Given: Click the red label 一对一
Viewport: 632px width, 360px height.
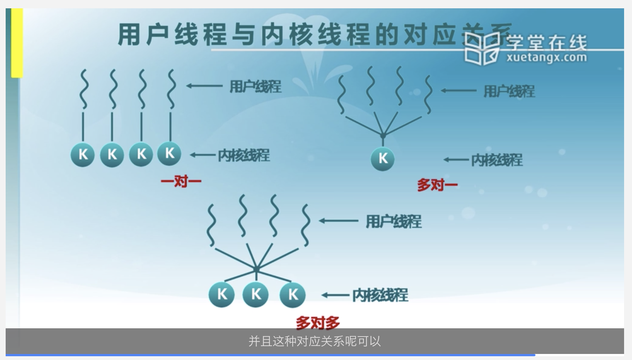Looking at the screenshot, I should point(181,182).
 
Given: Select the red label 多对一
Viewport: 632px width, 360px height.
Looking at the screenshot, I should point(437,185).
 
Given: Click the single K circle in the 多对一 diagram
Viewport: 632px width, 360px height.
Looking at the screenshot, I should point(383,159).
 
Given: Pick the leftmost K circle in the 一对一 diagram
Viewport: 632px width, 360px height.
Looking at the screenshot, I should point(83,154).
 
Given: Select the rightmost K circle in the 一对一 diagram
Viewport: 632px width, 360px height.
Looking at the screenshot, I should point(169,153).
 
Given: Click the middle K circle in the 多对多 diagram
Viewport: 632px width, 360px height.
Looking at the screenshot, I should point(256,294).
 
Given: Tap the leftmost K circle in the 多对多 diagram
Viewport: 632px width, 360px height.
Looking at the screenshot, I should point(222,294).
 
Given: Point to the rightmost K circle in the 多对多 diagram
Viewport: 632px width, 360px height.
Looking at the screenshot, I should point(293,294).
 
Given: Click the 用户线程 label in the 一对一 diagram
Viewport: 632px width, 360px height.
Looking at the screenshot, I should point(255,86).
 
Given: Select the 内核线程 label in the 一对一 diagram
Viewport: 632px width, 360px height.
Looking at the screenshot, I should point(244,155).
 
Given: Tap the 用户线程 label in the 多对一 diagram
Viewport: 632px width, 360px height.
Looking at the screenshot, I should point(509,91).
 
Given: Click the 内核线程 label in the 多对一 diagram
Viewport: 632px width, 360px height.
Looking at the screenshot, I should point(497,160).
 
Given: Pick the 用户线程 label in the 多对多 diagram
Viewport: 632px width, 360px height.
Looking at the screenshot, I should point(393,221).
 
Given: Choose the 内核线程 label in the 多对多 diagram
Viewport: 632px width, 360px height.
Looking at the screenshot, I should point(380,295).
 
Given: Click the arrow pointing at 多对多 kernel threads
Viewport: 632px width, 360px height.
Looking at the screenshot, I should point(335,295).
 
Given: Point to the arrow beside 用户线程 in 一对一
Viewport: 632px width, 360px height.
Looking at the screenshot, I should point(204,86).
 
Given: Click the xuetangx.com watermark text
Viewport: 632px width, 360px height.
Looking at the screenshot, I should point(547,58).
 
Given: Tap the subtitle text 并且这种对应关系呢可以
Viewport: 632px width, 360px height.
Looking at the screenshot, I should point(315,341).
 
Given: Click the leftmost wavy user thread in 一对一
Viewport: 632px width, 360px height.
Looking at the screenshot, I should point(84,89).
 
